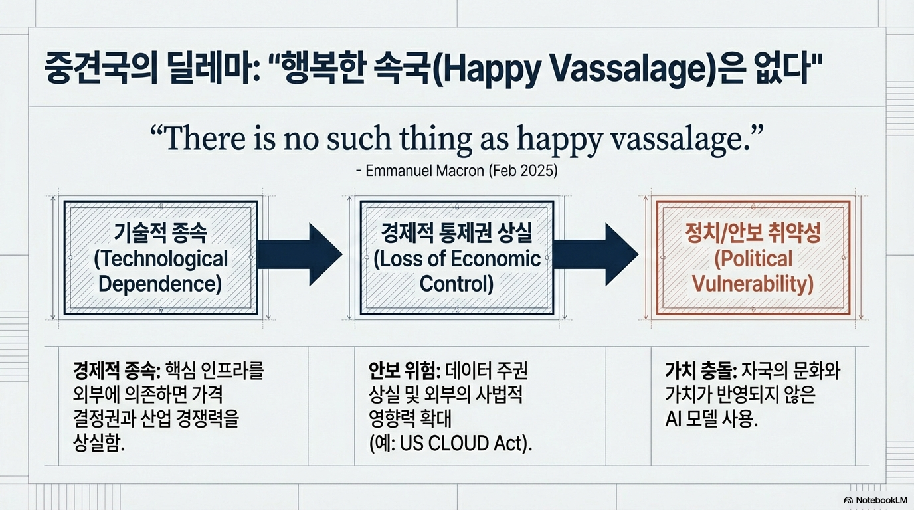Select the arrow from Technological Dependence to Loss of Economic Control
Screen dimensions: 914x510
click(300, 254)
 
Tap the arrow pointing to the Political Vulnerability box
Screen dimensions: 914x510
click(596, 254)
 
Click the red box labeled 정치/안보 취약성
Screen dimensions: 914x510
click(753, 258)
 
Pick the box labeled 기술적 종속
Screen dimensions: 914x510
click(161, 258)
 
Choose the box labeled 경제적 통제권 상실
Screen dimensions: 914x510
click(457, 258)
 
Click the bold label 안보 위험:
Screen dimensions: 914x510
click(405, 371)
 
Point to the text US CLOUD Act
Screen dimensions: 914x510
click(461, 444)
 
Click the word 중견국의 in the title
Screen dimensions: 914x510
click(101, 68)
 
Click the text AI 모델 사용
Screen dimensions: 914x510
click(711, 419)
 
